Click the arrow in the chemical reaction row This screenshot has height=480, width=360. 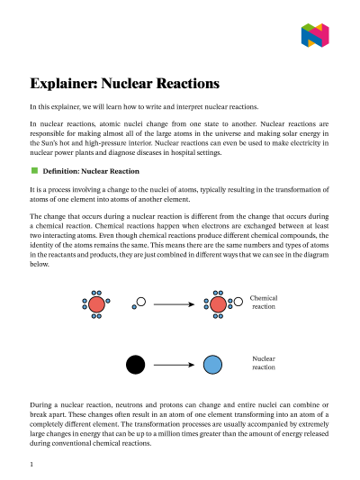(174, 304)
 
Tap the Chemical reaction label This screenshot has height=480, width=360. (263, 301)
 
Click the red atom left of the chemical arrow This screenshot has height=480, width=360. (96, 304)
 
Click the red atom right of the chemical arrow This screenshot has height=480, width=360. (217, 304)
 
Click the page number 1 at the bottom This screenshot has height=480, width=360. (31, 465)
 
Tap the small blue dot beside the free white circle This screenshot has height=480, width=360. (133, 308)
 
